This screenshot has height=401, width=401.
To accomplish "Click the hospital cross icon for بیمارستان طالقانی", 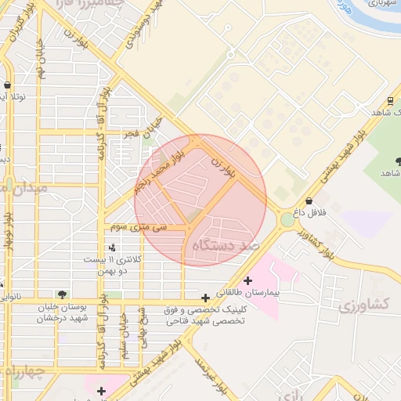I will point(248,280).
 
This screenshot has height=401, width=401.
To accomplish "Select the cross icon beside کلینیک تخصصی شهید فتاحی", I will point(205,298).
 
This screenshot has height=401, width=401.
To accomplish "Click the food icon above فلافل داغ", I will point(309,201).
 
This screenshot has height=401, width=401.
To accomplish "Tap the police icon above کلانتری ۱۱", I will point(111,247).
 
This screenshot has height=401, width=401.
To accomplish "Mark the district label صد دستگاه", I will point(225,245).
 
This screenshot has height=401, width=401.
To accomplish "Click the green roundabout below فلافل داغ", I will point(288,220).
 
